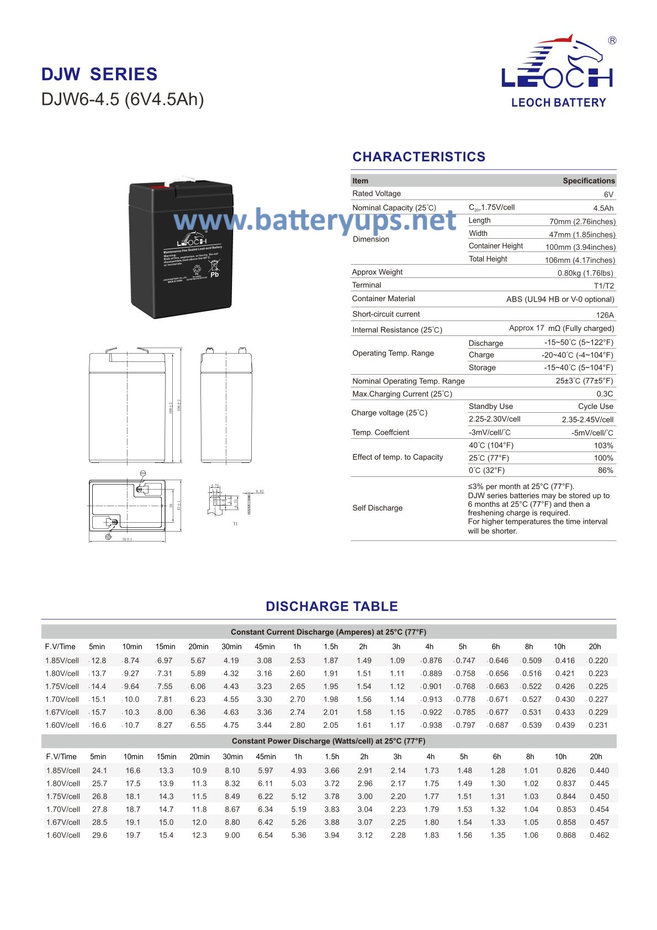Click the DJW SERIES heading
(99, 75)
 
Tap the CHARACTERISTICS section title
(419, 157)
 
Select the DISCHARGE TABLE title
(331, 606)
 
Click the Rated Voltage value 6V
(608, 195)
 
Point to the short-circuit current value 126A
(605, 315)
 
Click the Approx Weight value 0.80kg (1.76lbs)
(585, 273)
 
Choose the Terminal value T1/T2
(603, 286)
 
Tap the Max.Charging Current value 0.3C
(605, 394)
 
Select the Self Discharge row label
(378, 508)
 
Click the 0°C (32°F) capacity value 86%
(605, 470)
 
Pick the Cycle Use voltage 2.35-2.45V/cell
(587, 419)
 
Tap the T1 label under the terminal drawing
(235, 524)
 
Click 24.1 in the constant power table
(99, 770)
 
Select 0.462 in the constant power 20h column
(599, 835)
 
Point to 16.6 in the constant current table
(98, 725)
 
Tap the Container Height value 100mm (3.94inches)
(580, 247)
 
